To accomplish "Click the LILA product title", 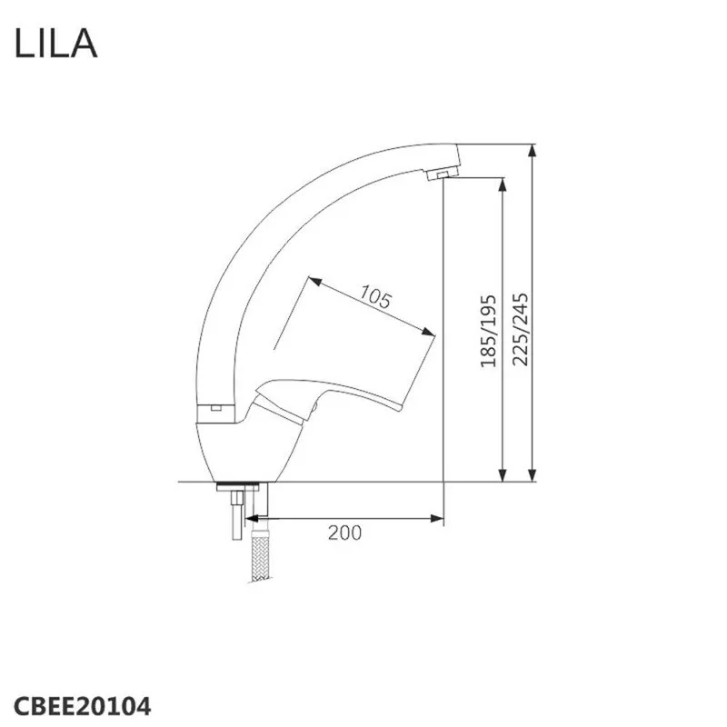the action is [x=55, y=43].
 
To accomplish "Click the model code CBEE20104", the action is [x=82, y=707].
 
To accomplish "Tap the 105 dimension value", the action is [x=375, y=297].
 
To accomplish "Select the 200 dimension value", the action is [x=344, y=533].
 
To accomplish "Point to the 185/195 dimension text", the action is [x=488, y=331].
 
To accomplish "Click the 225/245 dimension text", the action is [x=520, y=329].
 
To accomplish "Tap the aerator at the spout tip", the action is [x=443, y=174].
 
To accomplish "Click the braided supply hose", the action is [x=260, y=554].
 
